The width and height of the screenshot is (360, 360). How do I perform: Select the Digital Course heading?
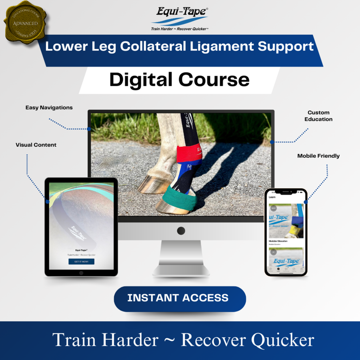point(180,79)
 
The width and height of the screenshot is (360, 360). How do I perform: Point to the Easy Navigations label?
point(49,108)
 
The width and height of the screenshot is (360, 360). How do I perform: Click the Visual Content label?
point(36,144)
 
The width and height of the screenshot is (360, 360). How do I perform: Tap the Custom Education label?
point(318,116)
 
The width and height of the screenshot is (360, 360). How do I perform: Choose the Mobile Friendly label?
point(318,156)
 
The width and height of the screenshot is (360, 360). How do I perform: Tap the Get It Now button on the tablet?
point(81,262)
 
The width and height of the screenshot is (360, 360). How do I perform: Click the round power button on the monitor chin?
point(180,231)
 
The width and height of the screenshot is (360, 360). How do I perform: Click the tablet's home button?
point(81,273)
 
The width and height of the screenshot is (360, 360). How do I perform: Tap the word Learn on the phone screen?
point(272,197)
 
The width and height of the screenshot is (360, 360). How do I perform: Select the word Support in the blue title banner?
point(292,47)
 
